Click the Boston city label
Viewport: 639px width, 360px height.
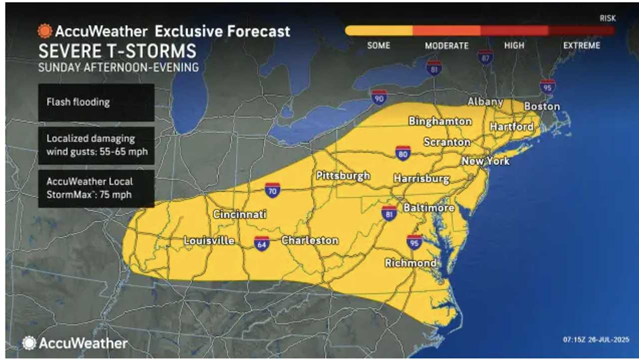click(x=542, y=106)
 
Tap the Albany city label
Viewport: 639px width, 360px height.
click(x=485, y=102)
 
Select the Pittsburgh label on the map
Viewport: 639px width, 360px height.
click(x=343, y=176)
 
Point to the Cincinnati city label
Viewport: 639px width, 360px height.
click(x=240, y=214)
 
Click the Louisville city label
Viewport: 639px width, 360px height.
click(x=209, y=241)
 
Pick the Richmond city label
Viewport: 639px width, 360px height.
click(x=410, y=263)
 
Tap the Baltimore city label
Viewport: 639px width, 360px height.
click(x=428, y=207)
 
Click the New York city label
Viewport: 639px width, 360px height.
click(x=485, y=161)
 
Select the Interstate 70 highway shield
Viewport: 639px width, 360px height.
click(x=272, y=190)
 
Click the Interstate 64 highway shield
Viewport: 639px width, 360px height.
click(x=262, y=243)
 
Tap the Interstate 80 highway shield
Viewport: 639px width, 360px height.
click(x=403, y=153)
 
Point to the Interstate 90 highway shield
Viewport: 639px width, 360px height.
click(x=379, y=97)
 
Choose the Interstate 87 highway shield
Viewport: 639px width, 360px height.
click(x=485, y=57)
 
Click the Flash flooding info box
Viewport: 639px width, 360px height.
click(x=96, y=102)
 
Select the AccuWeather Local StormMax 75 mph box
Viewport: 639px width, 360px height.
click(x=96, y=188)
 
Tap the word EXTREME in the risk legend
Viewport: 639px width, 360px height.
click(x=582, y=45)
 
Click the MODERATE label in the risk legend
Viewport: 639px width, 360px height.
click(x=446, y=46)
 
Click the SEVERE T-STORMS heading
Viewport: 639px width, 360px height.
click(x=117, y=51)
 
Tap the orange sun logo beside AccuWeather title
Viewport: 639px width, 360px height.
click(x=45, y=31)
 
